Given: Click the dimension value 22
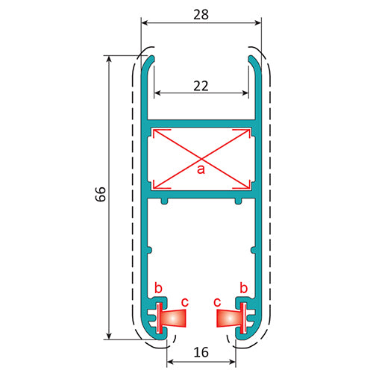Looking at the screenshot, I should click(201, 85).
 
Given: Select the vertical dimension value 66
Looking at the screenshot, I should click(101, 195).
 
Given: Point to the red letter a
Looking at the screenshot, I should click(200, 170).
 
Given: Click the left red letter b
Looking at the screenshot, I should click(157, 288).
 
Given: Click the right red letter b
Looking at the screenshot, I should click(243, 288).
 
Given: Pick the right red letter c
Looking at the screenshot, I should click(217, 302).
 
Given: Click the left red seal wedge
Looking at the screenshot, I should click(173, 319).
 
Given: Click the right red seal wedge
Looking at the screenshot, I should click(228, 319).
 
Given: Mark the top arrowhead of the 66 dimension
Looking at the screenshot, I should click(109, 58).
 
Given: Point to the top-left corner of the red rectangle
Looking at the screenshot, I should click(152, 129).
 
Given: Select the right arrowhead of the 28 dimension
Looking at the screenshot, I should click(259, 22).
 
